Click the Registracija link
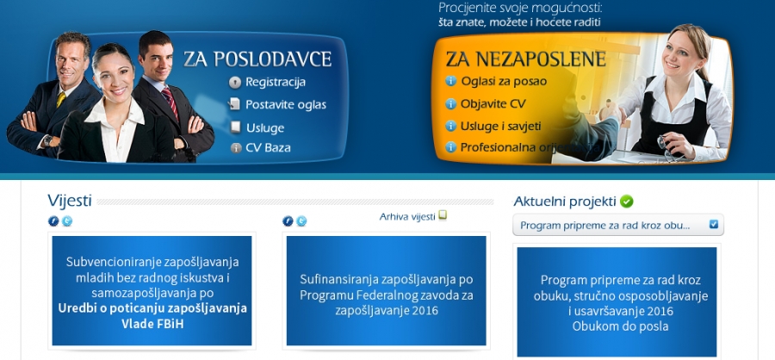click(276, 82)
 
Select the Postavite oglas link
click(286, 105)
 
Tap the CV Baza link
click(268, 147)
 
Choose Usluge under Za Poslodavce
click(265, 128)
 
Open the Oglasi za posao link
click(504, 81)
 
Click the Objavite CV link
click(493, 104)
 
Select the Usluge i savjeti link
click(500, 126)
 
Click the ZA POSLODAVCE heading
click(257, 59)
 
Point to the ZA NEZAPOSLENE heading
click(525, 59)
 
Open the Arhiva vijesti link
click(407, 216)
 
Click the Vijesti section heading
click(70, 201)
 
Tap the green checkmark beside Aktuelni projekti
click(627, 202)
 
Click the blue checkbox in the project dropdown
click(713, 225)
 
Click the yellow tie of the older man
click(61, 99)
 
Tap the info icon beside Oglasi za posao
click(450, 81)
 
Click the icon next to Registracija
click(235, 83)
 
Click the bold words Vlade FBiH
click(152, 325)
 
